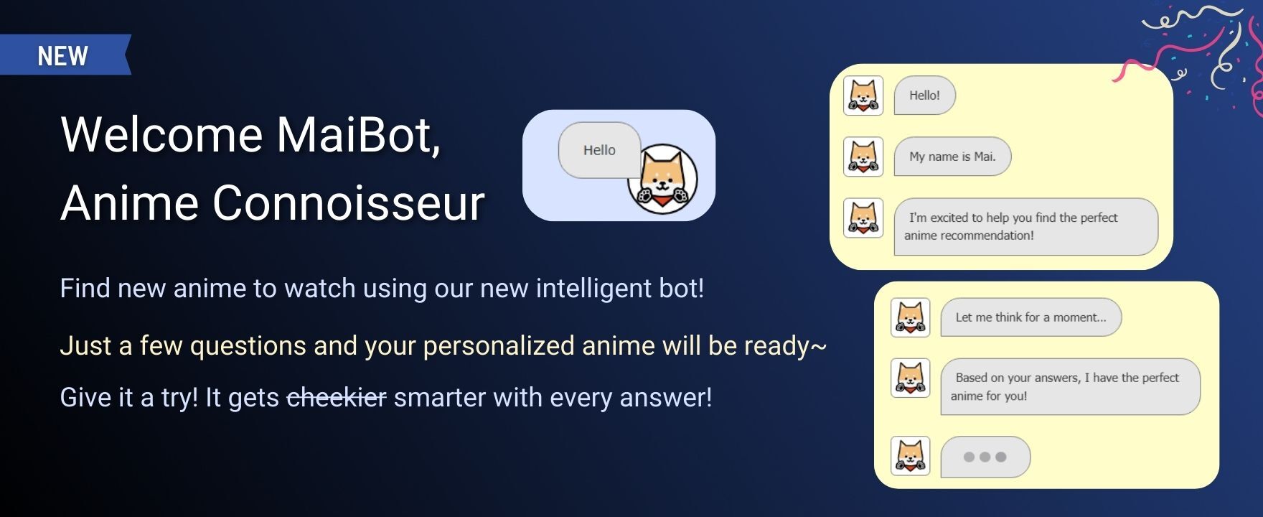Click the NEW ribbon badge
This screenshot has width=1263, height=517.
point(65,55)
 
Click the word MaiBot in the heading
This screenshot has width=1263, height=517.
point(358,134)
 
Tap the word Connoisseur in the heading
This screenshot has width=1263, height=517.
point(348,202)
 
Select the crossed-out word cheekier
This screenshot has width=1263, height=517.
point(337,397)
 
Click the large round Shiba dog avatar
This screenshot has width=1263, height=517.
point(662,179)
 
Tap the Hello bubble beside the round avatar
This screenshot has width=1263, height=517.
point(599,150)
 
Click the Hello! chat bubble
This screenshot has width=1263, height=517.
point(924,96)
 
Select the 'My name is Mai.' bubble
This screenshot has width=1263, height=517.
point(952,157)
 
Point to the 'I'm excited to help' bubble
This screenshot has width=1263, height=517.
point(1025,227)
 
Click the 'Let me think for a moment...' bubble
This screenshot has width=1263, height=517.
point(1030,317)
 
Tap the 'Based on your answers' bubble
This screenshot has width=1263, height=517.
point(1070,387)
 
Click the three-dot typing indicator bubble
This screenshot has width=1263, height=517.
point(985,457)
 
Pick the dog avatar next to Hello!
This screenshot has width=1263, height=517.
point(863,96)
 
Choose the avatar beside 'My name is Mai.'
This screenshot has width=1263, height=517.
point(863,157)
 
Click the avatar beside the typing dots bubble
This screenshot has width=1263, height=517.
point(910,456)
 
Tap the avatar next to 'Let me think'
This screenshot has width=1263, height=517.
point(910,317)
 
